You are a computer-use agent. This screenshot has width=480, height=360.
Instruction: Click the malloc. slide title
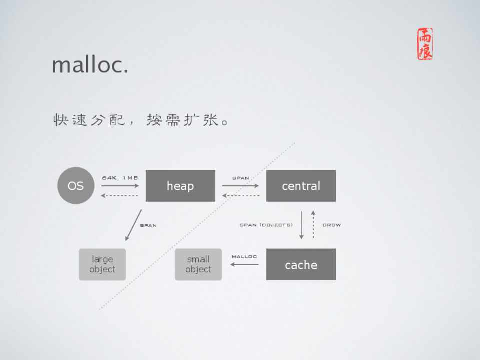coord(90,65)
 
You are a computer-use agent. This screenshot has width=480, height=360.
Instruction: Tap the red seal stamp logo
coord(425,44)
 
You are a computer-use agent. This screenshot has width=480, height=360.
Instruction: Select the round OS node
coord(76,185)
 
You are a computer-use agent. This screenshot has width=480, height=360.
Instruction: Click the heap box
coord(180,186)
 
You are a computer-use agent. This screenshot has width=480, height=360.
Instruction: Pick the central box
coord(301,186)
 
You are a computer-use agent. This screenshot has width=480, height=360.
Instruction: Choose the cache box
coord(301,264)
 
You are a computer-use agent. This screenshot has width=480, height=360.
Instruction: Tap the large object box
coord(102,264)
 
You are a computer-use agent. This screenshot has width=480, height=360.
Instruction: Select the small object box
coord(198,264)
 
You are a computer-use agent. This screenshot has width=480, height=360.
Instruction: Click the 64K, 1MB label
coord(120,178)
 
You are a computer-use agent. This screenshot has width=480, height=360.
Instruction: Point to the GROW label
coord(331,225)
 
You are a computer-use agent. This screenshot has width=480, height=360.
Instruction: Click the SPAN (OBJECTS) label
coord(266,225)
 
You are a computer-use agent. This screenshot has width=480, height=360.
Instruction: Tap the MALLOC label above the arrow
coord(244,256)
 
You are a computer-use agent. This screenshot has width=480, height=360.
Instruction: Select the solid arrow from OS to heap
coord(120,185)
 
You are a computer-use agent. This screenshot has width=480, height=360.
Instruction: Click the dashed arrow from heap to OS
coord(120,196)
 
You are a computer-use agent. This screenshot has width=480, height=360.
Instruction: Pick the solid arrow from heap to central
coord(240,185)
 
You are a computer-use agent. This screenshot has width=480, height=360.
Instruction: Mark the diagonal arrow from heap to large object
coord(133,225)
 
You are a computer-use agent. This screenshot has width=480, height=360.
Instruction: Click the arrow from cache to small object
coord(244,264)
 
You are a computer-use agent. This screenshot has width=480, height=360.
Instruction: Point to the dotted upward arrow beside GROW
coord(313,224)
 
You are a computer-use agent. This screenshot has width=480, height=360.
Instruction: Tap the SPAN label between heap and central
coord(241,178)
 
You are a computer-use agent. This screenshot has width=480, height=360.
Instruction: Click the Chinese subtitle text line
coord(141,120)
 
